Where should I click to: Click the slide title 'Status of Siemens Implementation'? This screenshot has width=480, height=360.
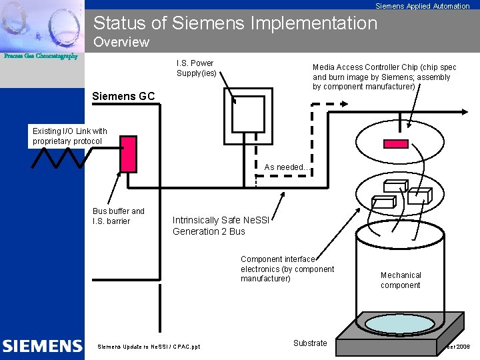tap(235, 23)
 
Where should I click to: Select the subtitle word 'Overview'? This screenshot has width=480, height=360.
tap(121, 43)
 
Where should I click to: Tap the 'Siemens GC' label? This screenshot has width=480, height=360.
tap(123, 96)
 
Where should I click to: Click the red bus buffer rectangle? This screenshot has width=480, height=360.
tap(128, 154)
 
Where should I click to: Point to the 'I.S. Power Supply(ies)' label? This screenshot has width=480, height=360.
tap(196, 68)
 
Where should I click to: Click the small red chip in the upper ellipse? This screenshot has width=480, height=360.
tap(397, 143)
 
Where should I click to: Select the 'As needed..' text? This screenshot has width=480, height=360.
tap(286, 167)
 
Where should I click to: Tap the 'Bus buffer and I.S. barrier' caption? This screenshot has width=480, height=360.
tap(118, 216)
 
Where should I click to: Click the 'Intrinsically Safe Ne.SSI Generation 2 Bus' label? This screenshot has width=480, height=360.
tap(221, 226)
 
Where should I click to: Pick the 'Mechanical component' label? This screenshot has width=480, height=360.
tap(401, 280)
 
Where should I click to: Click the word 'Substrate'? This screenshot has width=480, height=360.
tap(310, 343)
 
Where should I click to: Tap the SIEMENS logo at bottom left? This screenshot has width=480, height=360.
tap(42, 346)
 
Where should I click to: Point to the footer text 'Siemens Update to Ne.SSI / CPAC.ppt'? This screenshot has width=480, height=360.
tap(149, 347)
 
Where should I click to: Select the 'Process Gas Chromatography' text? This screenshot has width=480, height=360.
tap(41, 56)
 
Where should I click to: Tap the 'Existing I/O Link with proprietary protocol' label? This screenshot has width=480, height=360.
tap(69, 136)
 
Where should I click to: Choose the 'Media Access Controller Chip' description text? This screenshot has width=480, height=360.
tap(385, 77)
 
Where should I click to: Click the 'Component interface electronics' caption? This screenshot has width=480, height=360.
tap(287, 269)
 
